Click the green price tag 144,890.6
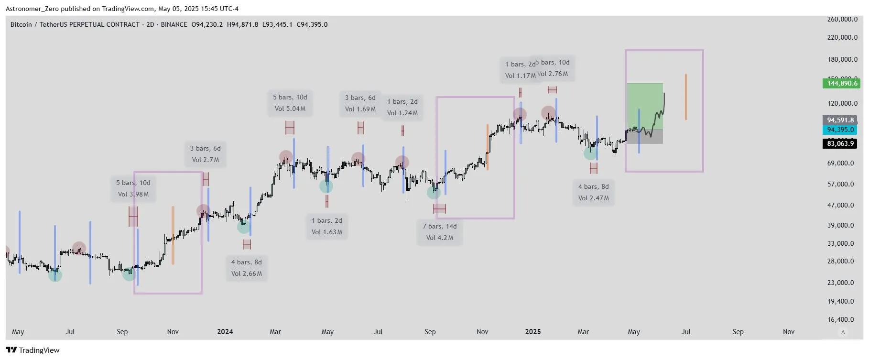tap(842, 83)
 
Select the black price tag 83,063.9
tap(840, 143)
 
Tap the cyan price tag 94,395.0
tap(840, 130)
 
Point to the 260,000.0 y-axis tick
tap(842, 19)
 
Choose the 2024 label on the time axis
tap(225, 332)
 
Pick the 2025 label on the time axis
tap(532, 332)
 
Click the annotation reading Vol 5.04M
tap(290, 109)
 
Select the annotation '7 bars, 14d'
tap(439, 226)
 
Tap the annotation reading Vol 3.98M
tap(133, 194)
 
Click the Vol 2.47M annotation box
tap(593, 198)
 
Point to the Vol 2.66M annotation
tap(246, 273)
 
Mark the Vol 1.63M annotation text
tap(326, 232)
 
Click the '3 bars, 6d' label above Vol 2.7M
tap(205, 148)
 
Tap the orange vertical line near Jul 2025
tap(685, 97)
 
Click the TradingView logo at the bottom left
tap(33, 350)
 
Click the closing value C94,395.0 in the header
tap(312, 24)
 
